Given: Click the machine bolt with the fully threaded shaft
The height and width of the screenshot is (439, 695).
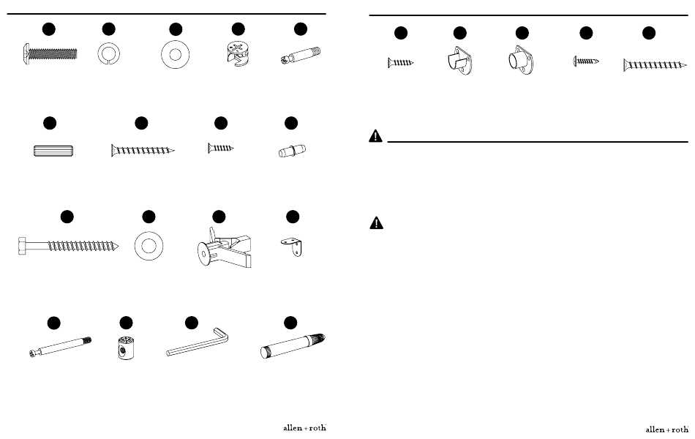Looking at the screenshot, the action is pos(50,55).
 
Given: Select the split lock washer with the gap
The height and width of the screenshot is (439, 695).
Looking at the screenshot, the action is pos(108,54).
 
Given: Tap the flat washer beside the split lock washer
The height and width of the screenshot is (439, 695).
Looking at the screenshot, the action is pos(175,55).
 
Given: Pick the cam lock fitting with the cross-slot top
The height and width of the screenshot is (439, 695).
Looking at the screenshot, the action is pos(238,54).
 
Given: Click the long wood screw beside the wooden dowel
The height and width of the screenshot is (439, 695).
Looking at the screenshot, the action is pos(143,151).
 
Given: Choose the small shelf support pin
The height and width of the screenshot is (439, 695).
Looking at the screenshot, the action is pos(292,151).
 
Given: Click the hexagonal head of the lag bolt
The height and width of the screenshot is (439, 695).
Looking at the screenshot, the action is pos(23,246).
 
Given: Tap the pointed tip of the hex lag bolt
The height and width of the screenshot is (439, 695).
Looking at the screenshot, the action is pos(119,246).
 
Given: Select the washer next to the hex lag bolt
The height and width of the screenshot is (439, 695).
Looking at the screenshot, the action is pos(149,246).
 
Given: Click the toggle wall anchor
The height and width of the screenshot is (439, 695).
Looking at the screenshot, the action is pos(225,248).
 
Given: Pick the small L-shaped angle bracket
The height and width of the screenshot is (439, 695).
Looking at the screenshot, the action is pos(292,246).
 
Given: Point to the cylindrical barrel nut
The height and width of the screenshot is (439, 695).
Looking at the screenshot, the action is pos(126,348).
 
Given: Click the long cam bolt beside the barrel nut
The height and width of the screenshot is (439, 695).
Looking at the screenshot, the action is pos(60,347).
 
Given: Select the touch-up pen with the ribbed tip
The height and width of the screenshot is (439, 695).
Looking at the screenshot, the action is pos(293,346).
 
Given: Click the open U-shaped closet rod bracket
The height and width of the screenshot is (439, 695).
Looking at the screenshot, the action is pos(459,60).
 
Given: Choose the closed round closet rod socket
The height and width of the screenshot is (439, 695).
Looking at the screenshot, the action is pos(521,60).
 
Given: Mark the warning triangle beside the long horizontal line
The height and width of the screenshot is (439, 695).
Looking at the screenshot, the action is pos(375,135).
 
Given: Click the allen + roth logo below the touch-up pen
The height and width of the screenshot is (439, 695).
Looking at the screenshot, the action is pos(304,428).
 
